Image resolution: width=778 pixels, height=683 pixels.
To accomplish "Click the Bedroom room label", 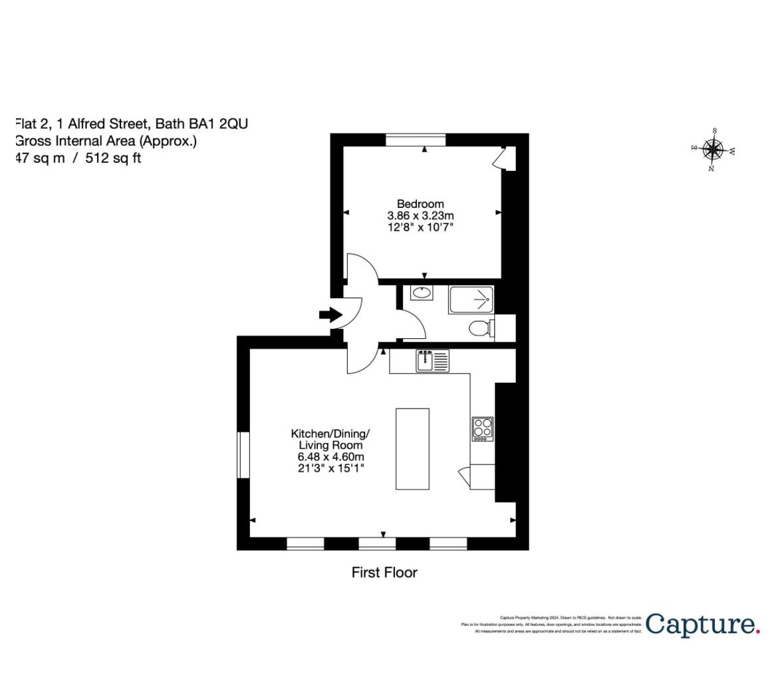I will [x=420, y=204].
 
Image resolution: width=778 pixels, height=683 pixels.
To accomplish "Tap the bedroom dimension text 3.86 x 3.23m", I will [x=420, y=216].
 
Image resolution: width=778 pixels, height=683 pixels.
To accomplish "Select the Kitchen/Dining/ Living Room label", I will [x=330, y=439].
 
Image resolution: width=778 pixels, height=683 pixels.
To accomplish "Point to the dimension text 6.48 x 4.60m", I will [x=330, y=457].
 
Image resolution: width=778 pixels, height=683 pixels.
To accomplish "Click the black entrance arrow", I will [x=330, y=315].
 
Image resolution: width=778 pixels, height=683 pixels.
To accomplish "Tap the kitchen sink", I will [x=432, y=361].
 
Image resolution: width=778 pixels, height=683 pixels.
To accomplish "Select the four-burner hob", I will [x=483, y=429].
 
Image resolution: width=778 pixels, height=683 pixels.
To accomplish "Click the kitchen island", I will [x=412, y=448].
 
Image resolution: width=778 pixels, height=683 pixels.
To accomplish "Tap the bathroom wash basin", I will [x=420, y=292].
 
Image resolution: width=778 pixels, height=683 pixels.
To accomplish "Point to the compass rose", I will [x=713, y=150].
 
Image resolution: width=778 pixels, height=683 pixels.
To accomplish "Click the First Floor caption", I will [x=384, y=572].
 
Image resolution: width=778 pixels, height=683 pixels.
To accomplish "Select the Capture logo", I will [x=702, y=625].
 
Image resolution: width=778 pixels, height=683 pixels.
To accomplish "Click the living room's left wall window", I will [x=243, y=455].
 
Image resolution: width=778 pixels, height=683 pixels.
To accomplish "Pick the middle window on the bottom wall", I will [x=377, y=543].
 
